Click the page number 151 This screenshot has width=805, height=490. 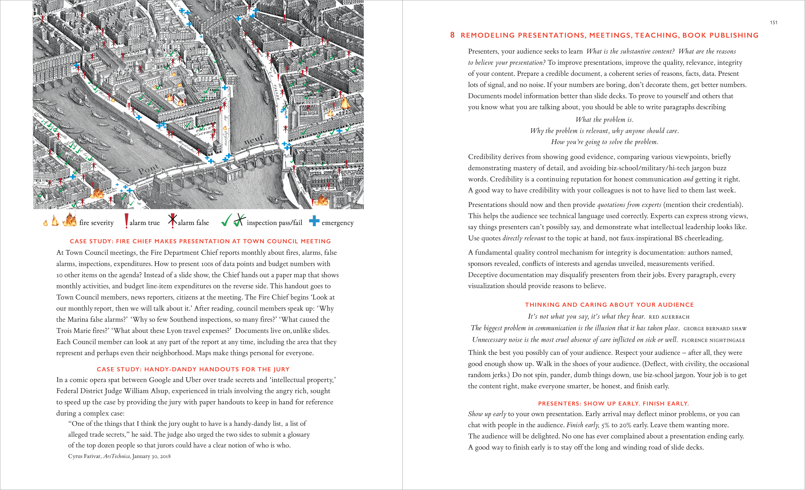coord(773,23)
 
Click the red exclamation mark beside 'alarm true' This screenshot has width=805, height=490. coord(126,221)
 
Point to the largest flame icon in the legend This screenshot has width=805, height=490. coord(70,219)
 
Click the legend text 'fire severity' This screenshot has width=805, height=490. coord(96,223)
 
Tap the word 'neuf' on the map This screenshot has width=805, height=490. coord(254,140)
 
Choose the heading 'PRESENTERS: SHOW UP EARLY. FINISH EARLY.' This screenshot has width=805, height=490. coord(613,404)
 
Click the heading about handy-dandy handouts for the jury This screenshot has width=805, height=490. coord(193,369)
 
